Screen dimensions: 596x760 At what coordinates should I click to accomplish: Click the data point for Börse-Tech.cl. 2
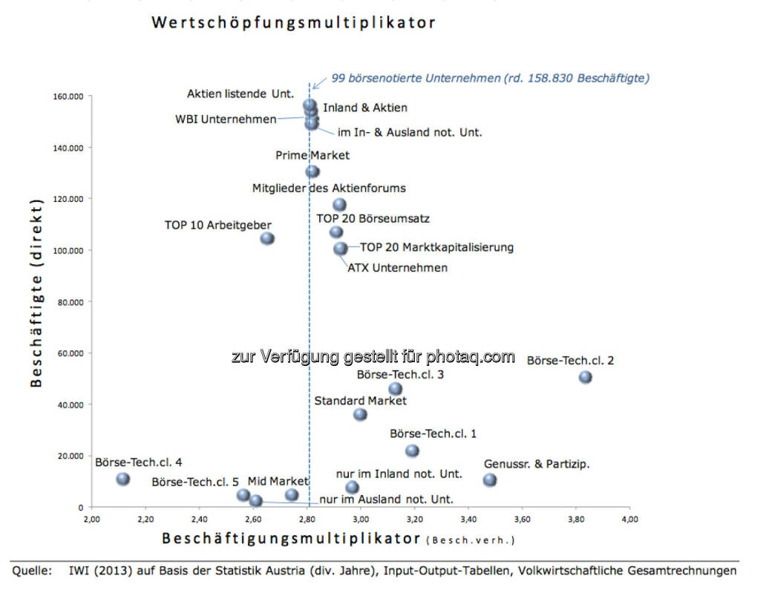click(586, 377)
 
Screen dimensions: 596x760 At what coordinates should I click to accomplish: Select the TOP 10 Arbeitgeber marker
click(267, 238)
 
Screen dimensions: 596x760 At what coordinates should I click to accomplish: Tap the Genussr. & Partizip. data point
click(490, 480)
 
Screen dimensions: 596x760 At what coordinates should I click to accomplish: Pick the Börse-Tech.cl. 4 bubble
click(123, 479)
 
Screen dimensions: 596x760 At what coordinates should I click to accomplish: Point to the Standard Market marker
click(360, 414)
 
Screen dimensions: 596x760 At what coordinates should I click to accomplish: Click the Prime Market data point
click(312, 171)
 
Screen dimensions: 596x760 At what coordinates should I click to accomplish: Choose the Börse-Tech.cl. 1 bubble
click(412, 451)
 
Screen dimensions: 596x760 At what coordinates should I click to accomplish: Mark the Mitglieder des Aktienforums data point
click(339, 204)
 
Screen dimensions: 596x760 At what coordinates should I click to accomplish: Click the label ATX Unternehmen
click(398, 267)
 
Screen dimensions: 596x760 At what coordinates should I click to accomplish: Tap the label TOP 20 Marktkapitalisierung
click(436, 247)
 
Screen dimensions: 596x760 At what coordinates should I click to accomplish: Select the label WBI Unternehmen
click(226, 119)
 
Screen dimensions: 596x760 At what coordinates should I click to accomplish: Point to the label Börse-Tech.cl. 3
click(400, 375)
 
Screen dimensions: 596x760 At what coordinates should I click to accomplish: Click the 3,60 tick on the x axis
click(522, 517)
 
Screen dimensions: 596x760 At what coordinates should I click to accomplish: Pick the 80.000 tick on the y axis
click(69, 301)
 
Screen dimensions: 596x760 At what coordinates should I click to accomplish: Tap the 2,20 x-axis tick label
click(145, 517)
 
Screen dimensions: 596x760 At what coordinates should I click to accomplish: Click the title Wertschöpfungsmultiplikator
click(293, 22)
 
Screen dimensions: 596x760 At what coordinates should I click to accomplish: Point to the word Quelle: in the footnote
click(32, 571)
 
